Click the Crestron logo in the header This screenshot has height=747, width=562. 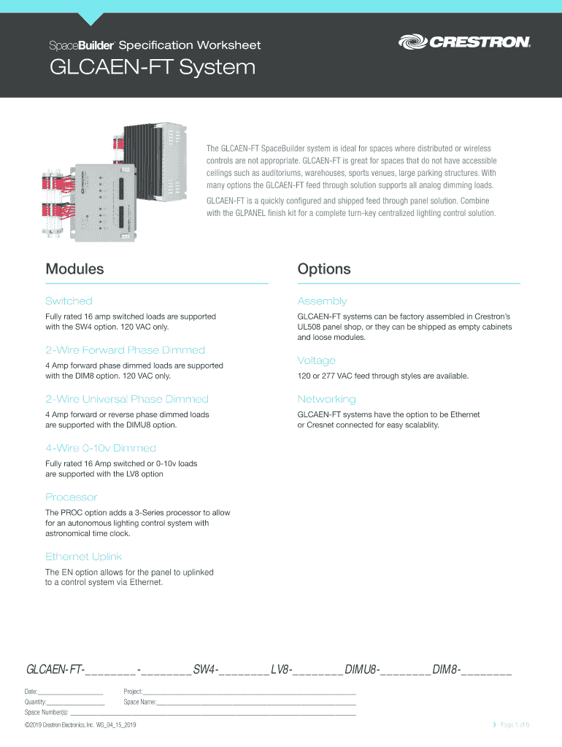pos(464,43)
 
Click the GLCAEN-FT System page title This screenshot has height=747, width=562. pos(152,69)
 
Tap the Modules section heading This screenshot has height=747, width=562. pos(74,269)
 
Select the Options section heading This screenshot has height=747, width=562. pos(324,269)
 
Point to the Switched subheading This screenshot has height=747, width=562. pos(69,301)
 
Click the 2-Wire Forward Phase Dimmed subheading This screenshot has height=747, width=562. pos(125,350)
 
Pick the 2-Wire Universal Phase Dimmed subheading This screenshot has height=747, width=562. pos(127,399)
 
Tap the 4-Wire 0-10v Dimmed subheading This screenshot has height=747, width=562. pos(101,448)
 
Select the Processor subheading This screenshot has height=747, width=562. pos(71,497)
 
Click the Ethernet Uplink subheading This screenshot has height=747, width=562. pos(83,557)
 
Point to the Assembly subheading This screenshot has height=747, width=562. pos(322,301)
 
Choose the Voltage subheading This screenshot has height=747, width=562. pos(316,360)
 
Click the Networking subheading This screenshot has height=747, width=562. pos(326,399)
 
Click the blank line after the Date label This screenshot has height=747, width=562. pos(71,692)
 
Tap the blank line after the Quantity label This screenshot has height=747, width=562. pos(76,703)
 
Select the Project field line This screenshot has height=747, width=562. pos(250,692)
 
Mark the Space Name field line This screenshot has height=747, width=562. pos(256,703)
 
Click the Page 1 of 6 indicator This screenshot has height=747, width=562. pos(515,724)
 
